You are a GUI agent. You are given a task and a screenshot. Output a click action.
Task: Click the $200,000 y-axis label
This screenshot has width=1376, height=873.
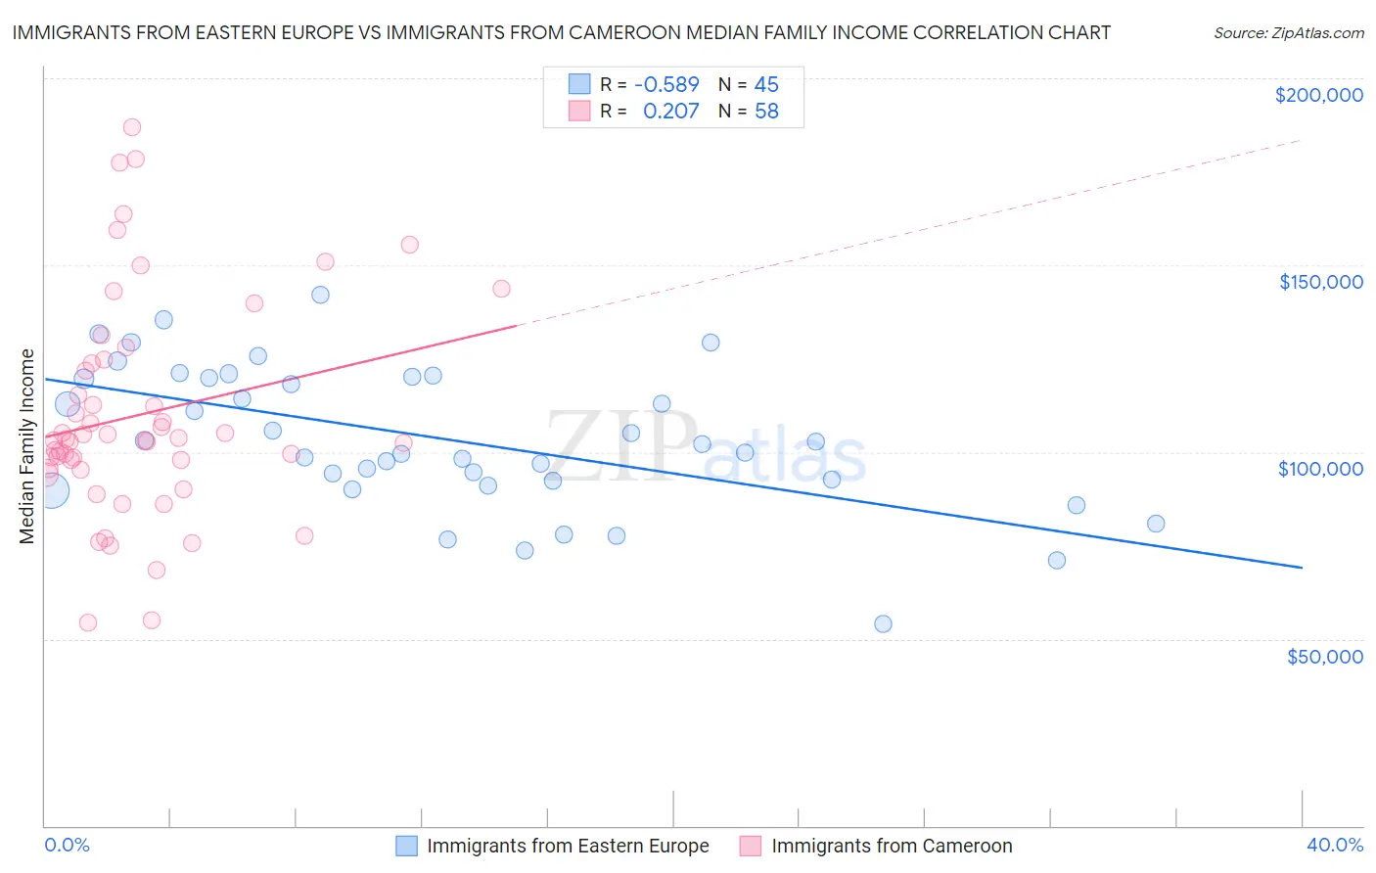point(1318,95)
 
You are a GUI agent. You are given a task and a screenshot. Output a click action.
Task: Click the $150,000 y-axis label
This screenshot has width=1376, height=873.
point(1320,282)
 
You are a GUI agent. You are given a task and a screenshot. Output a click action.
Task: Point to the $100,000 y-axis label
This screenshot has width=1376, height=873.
point(1320,469)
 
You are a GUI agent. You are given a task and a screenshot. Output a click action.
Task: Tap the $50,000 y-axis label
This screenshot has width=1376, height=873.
point(1324,657)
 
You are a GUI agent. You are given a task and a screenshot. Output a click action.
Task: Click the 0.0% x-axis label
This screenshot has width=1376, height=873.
point(67,846)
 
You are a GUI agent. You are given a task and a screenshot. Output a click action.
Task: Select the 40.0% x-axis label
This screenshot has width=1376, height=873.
point(1334,846)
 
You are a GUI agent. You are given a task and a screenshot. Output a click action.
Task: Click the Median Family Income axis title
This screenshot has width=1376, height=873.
point(27,446)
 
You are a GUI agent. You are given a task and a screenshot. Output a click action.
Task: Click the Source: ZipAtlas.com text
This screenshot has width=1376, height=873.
point(1288,33)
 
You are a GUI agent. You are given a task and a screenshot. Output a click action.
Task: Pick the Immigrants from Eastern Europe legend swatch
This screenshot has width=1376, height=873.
point(407,847)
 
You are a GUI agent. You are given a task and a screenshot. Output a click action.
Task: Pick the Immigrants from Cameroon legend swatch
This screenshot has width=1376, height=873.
point(751,847)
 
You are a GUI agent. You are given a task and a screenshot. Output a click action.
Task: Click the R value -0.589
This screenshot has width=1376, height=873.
point(666,85)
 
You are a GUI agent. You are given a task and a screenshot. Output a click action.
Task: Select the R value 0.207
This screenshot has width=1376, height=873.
point(670,112)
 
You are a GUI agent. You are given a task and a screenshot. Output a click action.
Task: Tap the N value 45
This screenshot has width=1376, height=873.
point(766,85)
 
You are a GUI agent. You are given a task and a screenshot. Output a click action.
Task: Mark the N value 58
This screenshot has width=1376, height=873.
point(766,112)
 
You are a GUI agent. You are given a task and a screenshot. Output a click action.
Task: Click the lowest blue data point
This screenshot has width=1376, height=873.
point(883,624)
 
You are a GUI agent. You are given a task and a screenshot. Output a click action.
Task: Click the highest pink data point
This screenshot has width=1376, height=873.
point(132,127)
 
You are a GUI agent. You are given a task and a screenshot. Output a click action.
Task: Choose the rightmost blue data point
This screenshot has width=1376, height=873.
point(1156,524)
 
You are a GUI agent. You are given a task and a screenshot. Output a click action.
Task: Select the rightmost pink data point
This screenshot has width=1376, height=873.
point(501,289)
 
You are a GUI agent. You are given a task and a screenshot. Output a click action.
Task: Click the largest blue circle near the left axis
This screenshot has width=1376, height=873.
point(52,490)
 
